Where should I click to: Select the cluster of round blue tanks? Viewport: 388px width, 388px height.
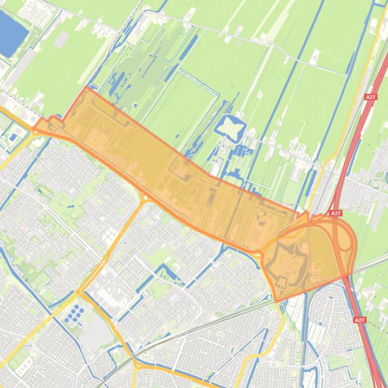coord(75,313)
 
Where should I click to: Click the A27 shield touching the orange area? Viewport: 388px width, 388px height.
coord(336,214)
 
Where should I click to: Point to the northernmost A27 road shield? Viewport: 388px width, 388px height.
coord(371,97)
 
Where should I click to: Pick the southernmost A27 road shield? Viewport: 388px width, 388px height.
coord(359,320)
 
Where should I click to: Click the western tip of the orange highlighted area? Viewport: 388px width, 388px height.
coord(34,129)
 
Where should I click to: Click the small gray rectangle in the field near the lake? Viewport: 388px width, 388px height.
coord(61,40)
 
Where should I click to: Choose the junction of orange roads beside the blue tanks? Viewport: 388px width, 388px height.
coord(79,292)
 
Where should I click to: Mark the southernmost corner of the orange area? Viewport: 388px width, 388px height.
coord(276,301)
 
